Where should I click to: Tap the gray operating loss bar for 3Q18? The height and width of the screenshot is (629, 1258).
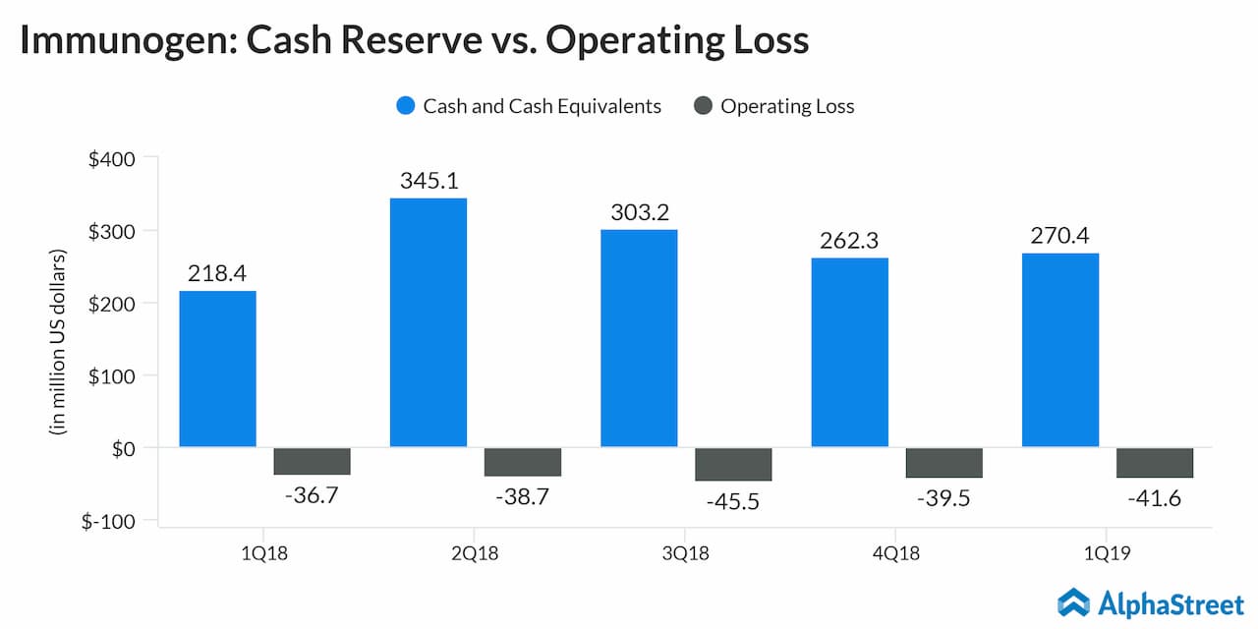click(x=733, y=464)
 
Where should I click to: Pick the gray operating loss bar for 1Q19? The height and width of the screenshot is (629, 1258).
click(x=1154, y=463)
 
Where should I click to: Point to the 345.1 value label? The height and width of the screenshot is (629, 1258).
click(x=429, y=181)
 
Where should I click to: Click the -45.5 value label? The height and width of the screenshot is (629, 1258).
click(x=733, y=500)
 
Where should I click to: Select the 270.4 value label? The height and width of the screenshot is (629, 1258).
click(x=1060, y=236)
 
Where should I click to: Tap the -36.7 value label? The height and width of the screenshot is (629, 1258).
click(x=312, y=495)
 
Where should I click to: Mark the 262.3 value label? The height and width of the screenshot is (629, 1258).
click(x=849, y=241)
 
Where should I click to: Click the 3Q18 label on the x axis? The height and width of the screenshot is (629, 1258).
click(x=686, y=554)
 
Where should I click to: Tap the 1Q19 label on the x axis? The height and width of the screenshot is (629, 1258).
click(x=1107, y=554)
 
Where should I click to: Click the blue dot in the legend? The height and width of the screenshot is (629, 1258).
click(x=406, y=106)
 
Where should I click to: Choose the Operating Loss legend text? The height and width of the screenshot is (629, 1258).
click(x=787, y=106)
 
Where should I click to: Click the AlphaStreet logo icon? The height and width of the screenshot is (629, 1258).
click(x=1073, y=602)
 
